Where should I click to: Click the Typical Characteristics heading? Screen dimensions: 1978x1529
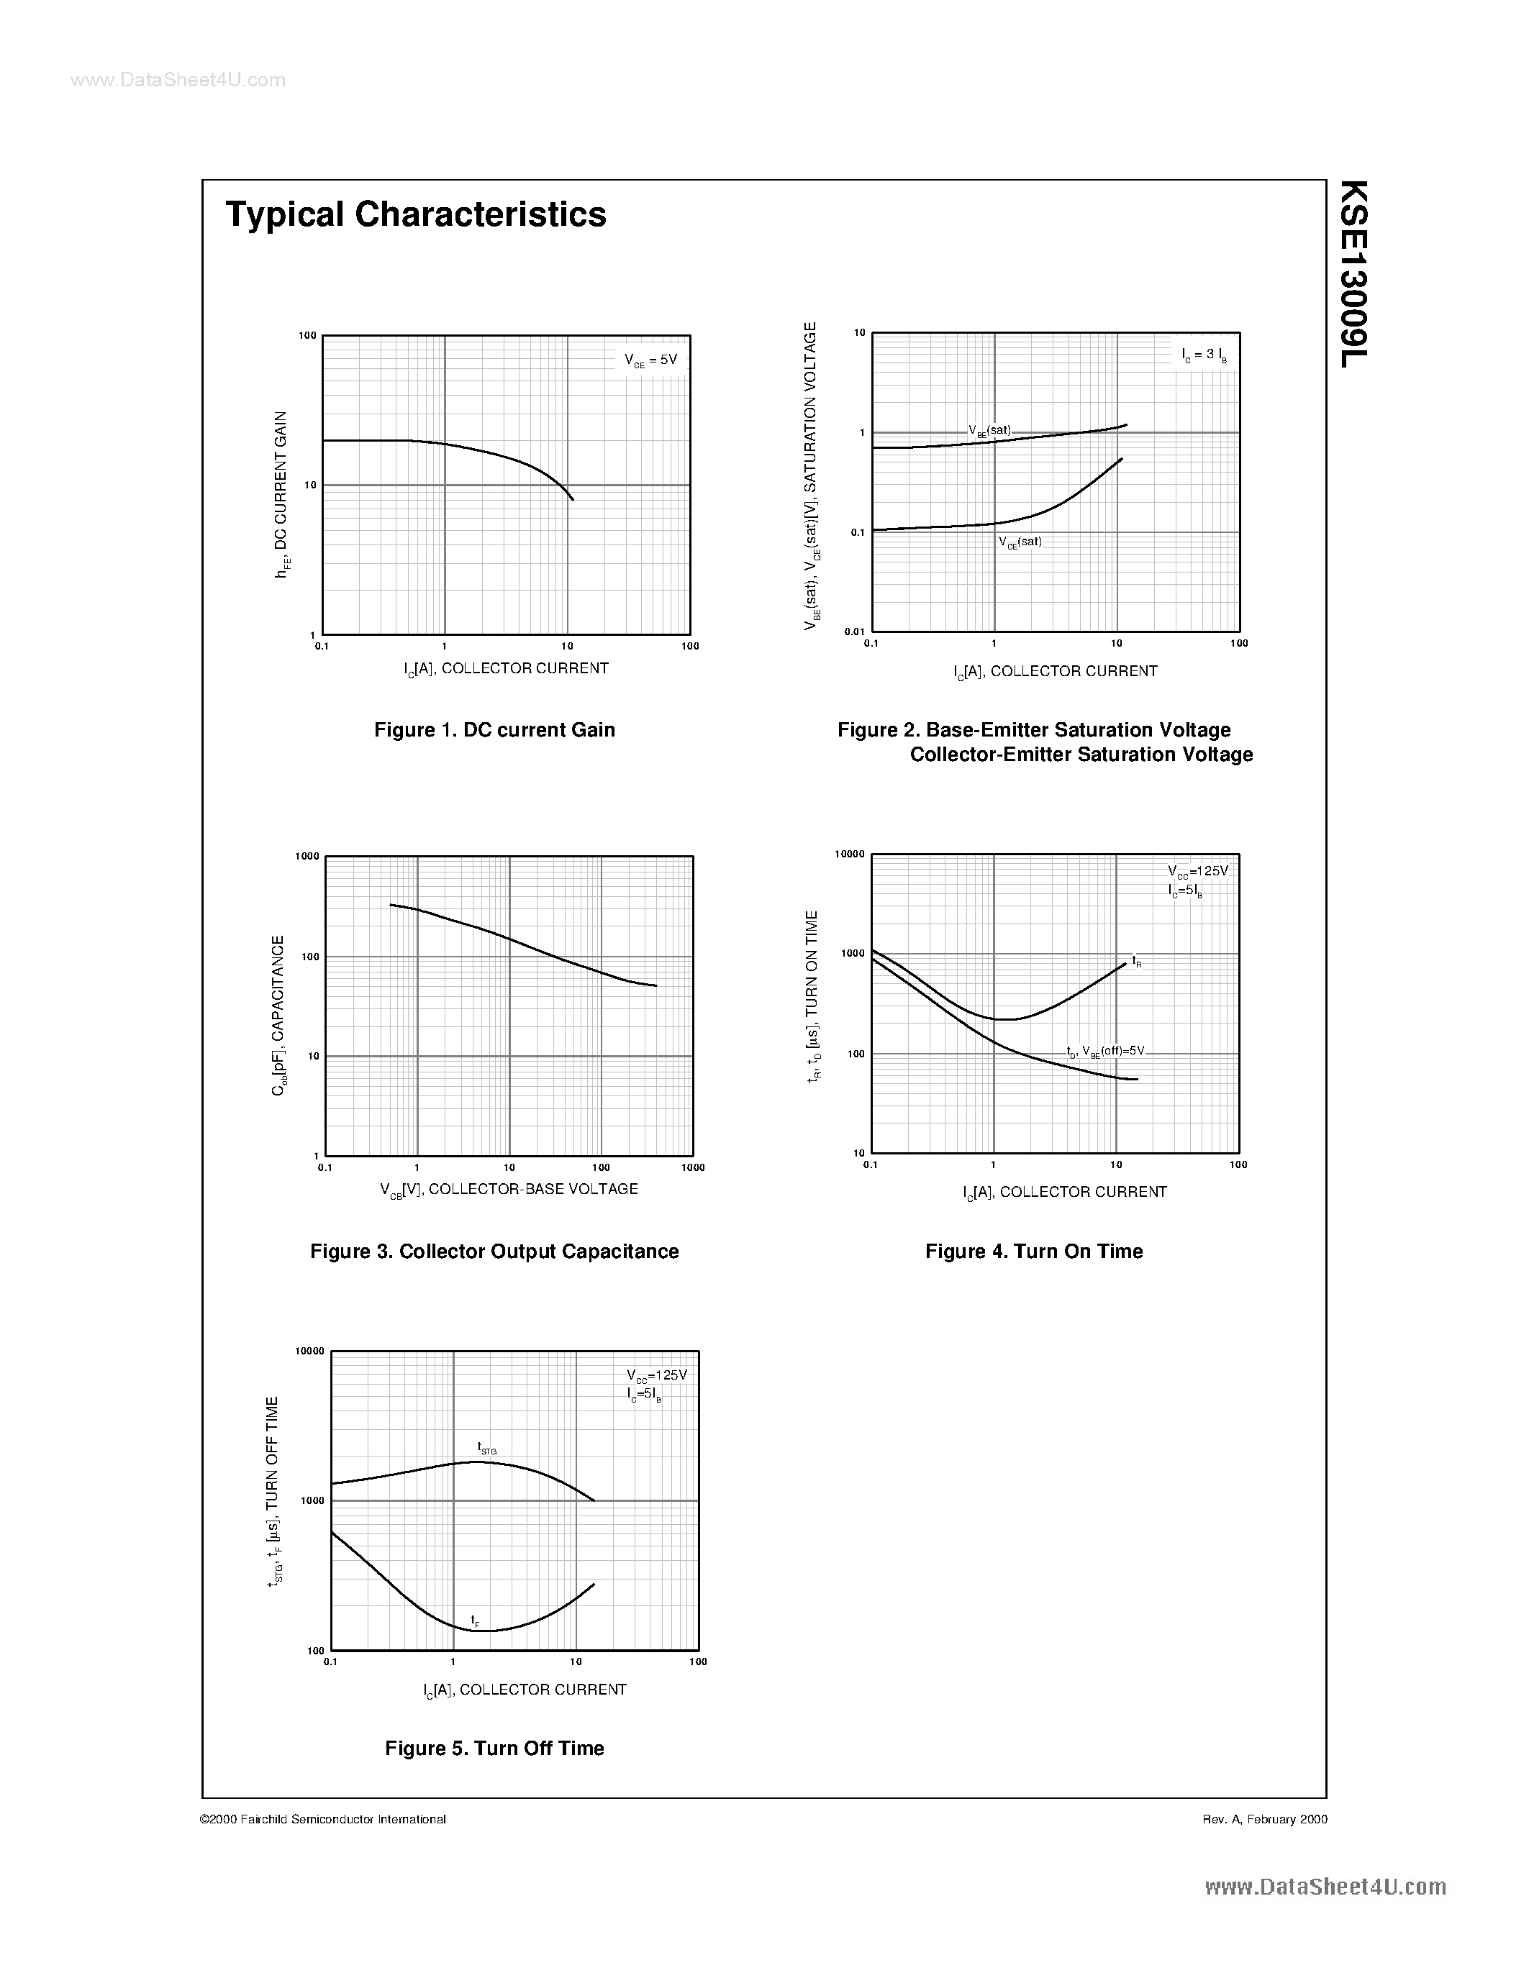click(416, 214)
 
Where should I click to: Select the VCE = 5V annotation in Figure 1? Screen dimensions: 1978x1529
click(650, 360)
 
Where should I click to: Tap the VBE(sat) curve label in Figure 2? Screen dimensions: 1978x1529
click(989, 430)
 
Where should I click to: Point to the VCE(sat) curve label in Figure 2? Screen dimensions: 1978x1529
click(1020, 542)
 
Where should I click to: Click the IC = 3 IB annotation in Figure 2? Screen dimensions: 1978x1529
click(1204, 355)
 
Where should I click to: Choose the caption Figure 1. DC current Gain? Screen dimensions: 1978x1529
click(494, 730)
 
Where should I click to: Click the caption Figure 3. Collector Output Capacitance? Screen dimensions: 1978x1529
click(494, 1252)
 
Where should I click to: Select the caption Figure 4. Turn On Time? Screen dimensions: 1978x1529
click(1033, 1252)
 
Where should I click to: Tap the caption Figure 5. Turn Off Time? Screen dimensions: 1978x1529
click(494, 1749)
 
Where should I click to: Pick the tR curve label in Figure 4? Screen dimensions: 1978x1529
click(1136, 961)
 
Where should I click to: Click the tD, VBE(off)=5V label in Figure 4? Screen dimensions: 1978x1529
click(1105, 1052)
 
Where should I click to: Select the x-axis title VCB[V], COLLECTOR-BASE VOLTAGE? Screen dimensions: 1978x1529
click(509, 1189)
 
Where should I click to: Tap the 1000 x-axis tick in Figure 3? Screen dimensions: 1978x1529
click(693, 1167)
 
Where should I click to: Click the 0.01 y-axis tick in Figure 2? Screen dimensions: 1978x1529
click(854, 632)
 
